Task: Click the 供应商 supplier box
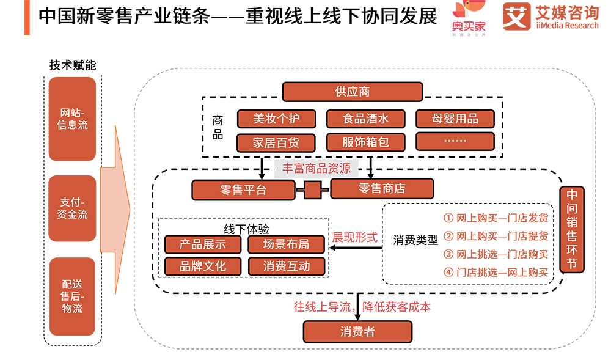pos(352,92)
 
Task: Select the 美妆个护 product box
pos(276,118)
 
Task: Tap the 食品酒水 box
pos(365,118)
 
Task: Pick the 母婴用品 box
pos(455,118)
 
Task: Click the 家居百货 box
pos(276,142)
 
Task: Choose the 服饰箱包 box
pos(365,142)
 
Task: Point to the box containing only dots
pos(455,141)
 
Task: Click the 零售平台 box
pos(244,189)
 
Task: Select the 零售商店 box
pos(382,188)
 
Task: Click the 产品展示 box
pos(203,244)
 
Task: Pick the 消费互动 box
pos(287,266)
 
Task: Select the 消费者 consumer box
pos(357,331)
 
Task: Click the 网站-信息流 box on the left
pos(73,119)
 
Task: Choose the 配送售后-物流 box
pos(73,296)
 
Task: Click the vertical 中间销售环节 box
pos(572,229)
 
